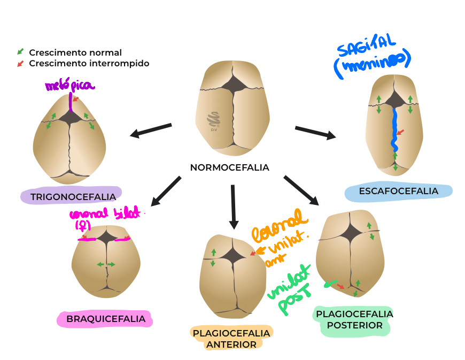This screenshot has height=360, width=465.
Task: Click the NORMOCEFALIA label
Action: point(229,167)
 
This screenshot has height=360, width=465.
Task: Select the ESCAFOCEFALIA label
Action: point(398,191)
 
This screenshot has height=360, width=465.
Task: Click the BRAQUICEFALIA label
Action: point(106,319)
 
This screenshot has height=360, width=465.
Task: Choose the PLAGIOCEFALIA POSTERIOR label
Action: point(354,319)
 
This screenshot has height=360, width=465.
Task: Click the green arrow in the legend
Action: point(20,52)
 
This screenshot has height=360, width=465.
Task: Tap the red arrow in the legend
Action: point(20,63)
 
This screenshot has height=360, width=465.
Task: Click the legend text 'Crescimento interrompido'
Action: point(89,63)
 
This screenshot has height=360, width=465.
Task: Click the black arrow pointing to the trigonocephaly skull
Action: point(151,130)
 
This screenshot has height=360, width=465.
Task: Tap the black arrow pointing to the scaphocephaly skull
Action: point(315,132)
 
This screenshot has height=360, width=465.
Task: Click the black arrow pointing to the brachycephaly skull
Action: point(166,192)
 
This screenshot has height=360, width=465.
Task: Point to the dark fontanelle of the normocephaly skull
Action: point(232,84)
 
